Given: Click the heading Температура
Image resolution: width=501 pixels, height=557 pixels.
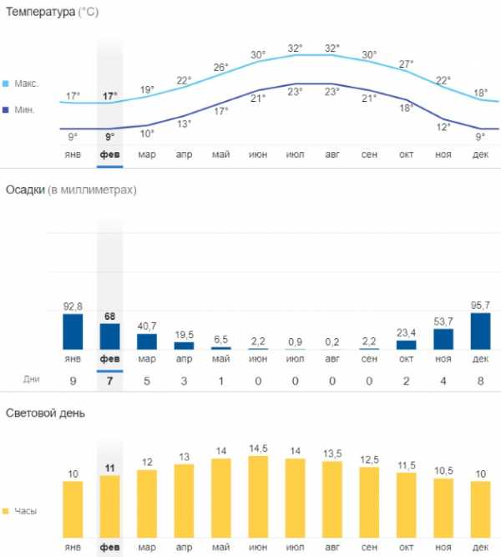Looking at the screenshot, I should pos(41,13).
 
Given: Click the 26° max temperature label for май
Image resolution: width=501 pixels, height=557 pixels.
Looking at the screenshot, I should pos(220,67).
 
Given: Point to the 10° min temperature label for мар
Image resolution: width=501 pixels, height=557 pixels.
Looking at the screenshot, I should pos(147,134).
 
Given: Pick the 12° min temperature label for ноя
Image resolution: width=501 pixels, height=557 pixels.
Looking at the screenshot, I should pos(443,126).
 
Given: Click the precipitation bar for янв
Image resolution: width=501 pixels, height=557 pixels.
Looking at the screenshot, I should pos(73,332).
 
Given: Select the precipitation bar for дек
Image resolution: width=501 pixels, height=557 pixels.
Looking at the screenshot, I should pos(480,331).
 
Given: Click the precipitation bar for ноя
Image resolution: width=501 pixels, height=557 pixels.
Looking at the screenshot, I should pos(443,338).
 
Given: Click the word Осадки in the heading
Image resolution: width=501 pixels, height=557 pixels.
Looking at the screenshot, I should pos(26,190).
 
